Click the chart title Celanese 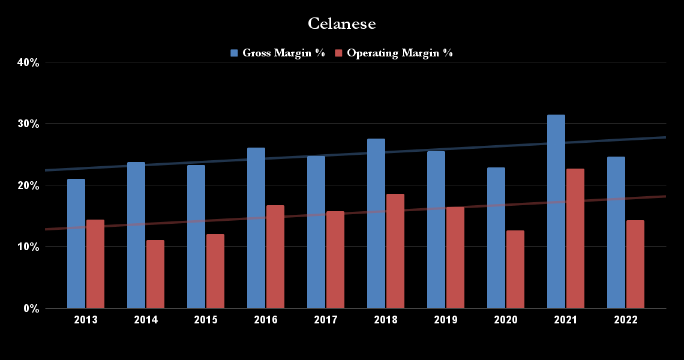(x=341, y=23)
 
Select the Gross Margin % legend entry (x=283, y=53)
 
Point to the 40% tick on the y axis (x=28, y=62)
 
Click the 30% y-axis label (x=28, y=124)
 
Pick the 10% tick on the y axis (x=28, y=247)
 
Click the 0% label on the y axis (x=31, y=308)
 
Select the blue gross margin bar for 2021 (x=556, y=211)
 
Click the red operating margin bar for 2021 (x=575, y=238)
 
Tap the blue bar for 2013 (x=76, y=243)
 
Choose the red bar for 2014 (x=155, y=274)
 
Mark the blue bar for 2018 (x=376, y=223)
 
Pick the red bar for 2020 (x=515, y=269)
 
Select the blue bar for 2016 (x=256, y=228)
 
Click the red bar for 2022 (x=635, y=264)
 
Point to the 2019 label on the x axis (x=446, y=320)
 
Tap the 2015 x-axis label (x=206, y=320)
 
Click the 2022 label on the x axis (x=626, y=320)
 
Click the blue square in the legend (x=235, y=53)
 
